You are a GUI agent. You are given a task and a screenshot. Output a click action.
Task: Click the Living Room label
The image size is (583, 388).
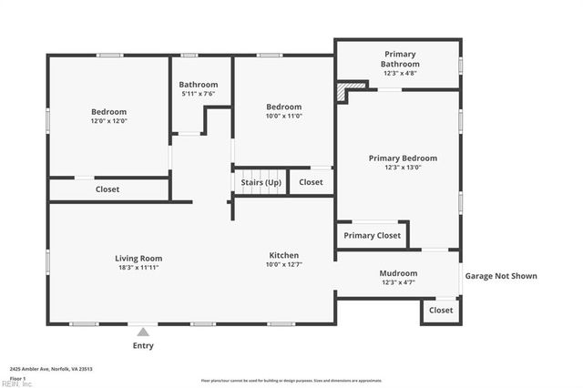pyautogui.click(x=138, y=258)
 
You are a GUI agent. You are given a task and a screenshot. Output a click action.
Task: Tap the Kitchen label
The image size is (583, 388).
pyautogui.click(x=283, y=255)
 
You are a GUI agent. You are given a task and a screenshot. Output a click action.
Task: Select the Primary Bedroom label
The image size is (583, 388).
pyautogui.click(x=402, y=158)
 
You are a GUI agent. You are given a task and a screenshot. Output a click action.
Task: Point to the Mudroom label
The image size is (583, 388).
pyautogui.click(x=398, y=273)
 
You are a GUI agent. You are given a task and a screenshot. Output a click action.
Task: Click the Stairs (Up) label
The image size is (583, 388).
pyautogui.click(x=261, y=182)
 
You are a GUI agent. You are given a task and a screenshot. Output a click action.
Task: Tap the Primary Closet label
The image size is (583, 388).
pyautogui.click(x=372, y=236)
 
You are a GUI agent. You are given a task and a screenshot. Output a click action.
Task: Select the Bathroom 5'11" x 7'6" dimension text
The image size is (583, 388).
pyautogui.click(x=198, y=93)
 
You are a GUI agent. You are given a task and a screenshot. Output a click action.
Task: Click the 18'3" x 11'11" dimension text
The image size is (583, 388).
pyautogui.click(x=138, y=268)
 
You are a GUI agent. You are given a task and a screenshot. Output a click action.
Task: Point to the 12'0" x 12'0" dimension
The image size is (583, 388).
pyautogui.click(x=108, y=121)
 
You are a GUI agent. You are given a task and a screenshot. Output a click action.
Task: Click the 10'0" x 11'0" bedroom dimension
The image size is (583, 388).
pyautogui.click(x=283, y=116)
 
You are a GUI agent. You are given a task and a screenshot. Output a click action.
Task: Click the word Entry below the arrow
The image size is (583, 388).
pyautogui.click(x=143, y=346)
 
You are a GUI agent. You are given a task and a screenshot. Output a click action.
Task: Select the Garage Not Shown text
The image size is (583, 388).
pyautogui.click(x=501, y=276)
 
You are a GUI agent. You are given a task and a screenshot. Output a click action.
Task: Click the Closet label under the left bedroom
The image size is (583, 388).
pyautogui.click(x=107, y=189)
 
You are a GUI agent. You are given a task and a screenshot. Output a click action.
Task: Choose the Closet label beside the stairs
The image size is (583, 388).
pyautogui.click(x=311, y=182)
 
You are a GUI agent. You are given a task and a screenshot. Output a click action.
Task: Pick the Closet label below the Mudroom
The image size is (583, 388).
pyautogui.click(x=441, y=311)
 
